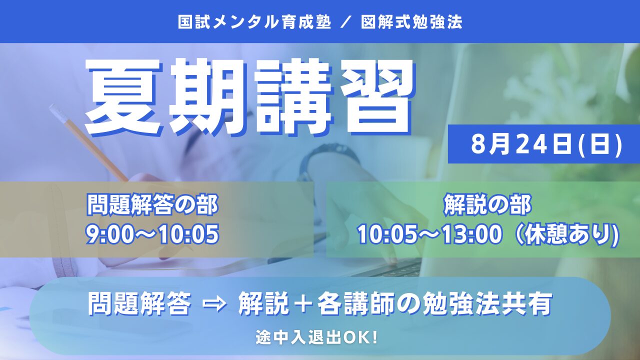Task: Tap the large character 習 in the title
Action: (374, 97)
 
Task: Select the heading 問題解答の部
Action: (152, 204)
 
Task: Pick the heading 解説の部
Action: (487, 204)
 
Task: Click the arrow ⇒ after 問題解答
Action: (214, 305)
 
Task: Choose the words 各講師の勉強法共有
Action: (434, 304)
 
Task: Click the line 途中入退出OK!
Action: (316, 337)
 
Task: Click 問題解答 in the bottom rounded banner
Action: (139, 304)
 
